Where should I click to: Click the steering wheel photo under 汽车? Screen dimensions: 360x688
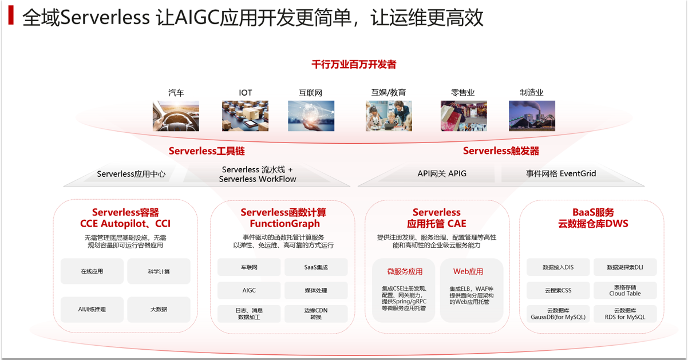[x=176, y=116]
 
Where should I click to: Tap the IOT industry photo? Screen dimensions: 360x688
[x=245, y=116]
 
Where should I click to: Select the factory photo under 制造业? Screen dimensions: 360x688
[x=532, y=116]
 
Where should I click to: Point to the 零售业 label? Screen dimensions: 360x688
[x=463, y=93]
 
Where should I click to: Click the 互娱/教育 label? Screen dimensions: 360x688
[x=389, y=93]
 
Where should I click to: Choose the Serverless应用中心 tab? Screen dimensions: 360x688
[x=131, y=174]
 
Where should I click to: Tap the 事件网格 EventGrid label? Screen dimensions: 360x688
[x=561, y=173]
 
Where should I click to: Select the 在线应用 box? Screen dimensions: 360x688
[x=92, y=271]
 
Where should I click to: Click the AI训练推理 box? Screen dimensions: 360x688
[x=92, y=309]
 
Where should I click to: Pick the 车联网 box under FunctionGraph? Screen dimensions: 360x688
[x=249, y=267]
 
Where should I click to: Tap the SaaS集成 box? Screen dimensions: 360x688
[x=316, y=267]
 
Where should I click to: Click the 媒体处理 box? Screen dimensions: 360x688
[x=316, y=290]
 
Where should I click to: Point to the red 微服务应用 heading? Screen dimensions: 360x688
[x=405, y=271]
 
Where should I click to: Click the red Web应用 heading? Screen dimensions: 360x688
[x=468, y=271]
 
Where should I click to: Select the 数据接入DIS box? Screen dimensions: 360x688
[x=558, y=267]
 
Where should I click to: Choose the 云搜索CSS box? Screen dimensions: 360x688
[x=558, y=290]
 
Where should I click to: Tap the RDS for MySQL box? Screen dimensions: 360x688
[x=624, y=314]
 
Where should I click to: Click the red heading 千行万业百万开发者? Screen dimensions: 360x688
[x=354, y=65]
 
